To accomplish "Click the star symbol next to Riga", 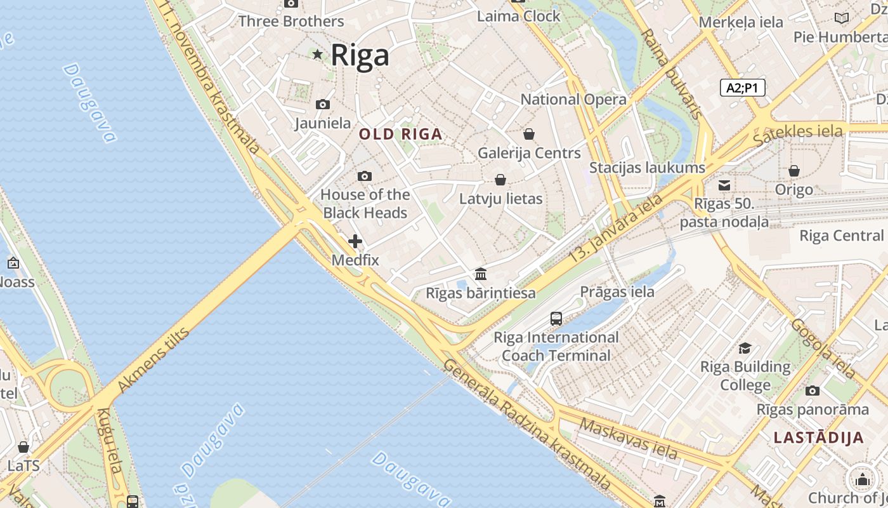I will click(x=317, y=55).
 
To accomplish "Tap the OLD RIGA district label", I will click(x=400, y=135).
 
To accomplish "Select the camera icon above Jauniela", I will click(x=323, y=104).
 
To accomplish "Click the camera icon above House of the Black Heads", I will click(x=365, y=176).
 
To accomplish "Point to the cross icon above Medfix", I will click(x=355, y=241).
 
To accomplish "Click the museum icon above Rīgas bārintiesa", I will click(x=481, y=274).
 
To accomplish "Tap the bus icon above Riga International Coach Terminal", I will click(x=556, y=319).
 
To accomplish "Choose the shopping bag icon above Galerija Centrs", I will click(x=529, y=134).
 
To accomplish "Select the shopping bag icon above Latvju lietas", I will click(x=500, y=180).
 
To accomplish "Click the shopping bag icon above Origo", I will click(x=793, y=171).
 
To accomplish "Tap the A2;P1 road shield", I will click(x=742, y=88).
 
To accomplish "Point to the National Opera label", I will click(x=573, y=100).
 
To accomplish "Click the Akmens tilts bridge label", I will click(x=153, y=359).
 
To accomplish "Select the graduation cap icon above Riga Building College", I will click(x=745, y=348).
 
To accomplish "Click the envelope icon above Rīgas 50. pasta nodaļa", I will click(x=724, y=185).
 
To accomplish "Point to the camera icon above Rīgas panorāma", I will click(x=813, y=391).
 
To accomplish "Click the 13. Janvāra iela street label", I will click(x=615, y=229).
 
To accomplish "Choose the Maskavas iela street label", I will click(x=629, y=439).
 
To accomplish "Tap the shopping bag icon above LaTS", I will click(x=23, y=447).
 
